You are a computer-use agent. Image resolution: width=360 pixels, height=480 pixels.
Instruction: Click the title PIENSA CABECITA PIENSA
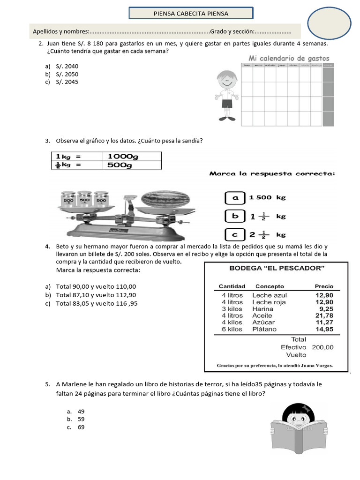(x=191, y=14)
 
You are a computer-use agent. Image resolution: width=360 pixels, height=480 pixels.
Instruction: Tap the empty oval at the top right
(x=329, y=22)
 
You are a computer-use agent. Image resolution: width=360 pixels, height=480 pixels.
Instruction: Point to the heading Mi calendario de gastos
(x=288, y=58)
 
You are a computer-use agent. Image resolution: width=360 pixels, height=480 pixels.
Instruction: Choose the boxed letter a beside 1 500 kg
(x=236, y=198)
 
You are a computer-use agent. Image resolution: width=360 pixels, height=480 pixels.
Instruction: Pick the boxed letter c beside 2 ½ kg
(x=236, y=234)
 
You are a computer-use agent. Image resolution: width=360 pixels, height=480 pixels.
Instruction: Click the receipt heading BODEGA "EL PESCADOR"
(x=277, y=269)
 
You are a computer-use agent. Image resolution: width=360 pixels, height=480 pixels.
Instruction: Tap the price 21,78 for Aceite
(x=323, y=315)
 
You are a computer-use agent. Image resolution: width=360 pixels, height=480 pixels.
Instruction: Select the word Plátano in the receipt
(x=266, y=329)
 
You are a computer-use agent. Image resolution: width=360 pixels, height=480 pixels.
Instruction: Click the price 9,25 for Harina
(x=326, y=309)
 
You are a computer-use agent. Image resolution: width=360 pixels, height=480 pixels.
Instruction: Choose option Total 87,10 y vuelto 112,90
(x=96, y=295)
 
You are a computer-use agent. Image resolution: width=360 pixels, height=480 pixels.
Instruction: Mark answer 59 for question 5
(x=81, y=419)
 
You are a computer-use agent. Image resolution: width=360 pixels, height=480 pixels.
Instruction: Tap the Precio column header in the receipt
(x=324, y=286)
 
